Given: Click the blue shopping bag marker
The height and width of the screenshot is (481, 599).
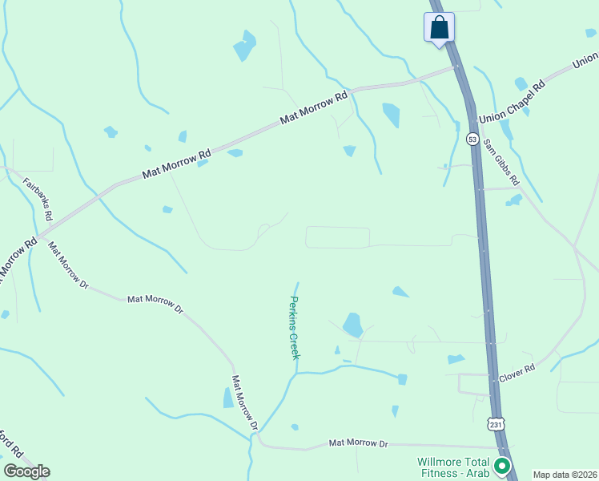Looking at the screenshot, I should pos(439,27).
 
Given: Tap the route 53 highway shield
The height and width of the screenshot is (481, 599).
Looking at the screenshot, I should pos(473,139).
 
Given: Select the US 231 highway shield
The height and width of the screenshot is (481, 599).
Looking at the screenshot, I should pos(495,422).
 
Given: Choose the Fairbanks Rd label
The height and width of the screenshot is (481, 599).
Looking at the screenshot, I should pos(37,199).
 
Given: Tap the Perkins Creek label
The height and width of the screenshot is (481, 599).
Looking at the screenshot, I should pos(293,327).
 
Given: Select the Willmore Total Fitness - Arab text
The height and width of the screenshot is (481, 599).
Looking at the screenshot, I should pos(453,467).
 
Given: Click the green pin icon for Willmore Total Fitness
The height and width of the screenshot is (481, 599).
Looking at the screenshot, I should pos(502,465).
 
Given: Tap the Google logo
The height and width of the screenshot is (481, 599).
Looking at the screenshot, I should pos(26,471).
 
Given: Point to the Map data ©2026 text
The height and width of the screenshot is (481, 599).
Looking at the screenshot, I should pos(565,475).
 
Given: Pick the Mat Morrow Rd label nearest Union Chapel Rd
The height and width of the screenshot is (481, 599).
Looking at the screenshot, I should pos(314,107).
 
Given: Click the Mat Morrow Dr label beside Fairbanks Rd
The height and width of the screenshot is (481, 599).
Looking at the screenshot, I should pos(68,265).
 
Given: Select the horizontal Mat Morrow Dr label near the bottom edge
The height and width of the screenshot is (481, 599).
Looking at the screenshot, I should pos(358,443).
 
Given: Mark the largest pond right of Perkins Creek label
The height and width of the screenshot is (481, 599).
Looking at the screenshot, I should pos(352,325).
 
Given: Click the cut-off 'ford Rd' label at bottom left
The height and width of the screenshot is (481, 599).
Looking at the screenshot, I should pos(11,446).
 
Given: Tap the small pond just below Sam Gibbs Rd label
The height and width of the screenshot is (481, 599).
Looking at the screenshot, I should pos(514,200).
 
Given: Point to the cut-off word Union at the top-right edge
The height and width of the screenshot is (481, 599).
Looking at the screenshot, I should pos(585,59).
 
